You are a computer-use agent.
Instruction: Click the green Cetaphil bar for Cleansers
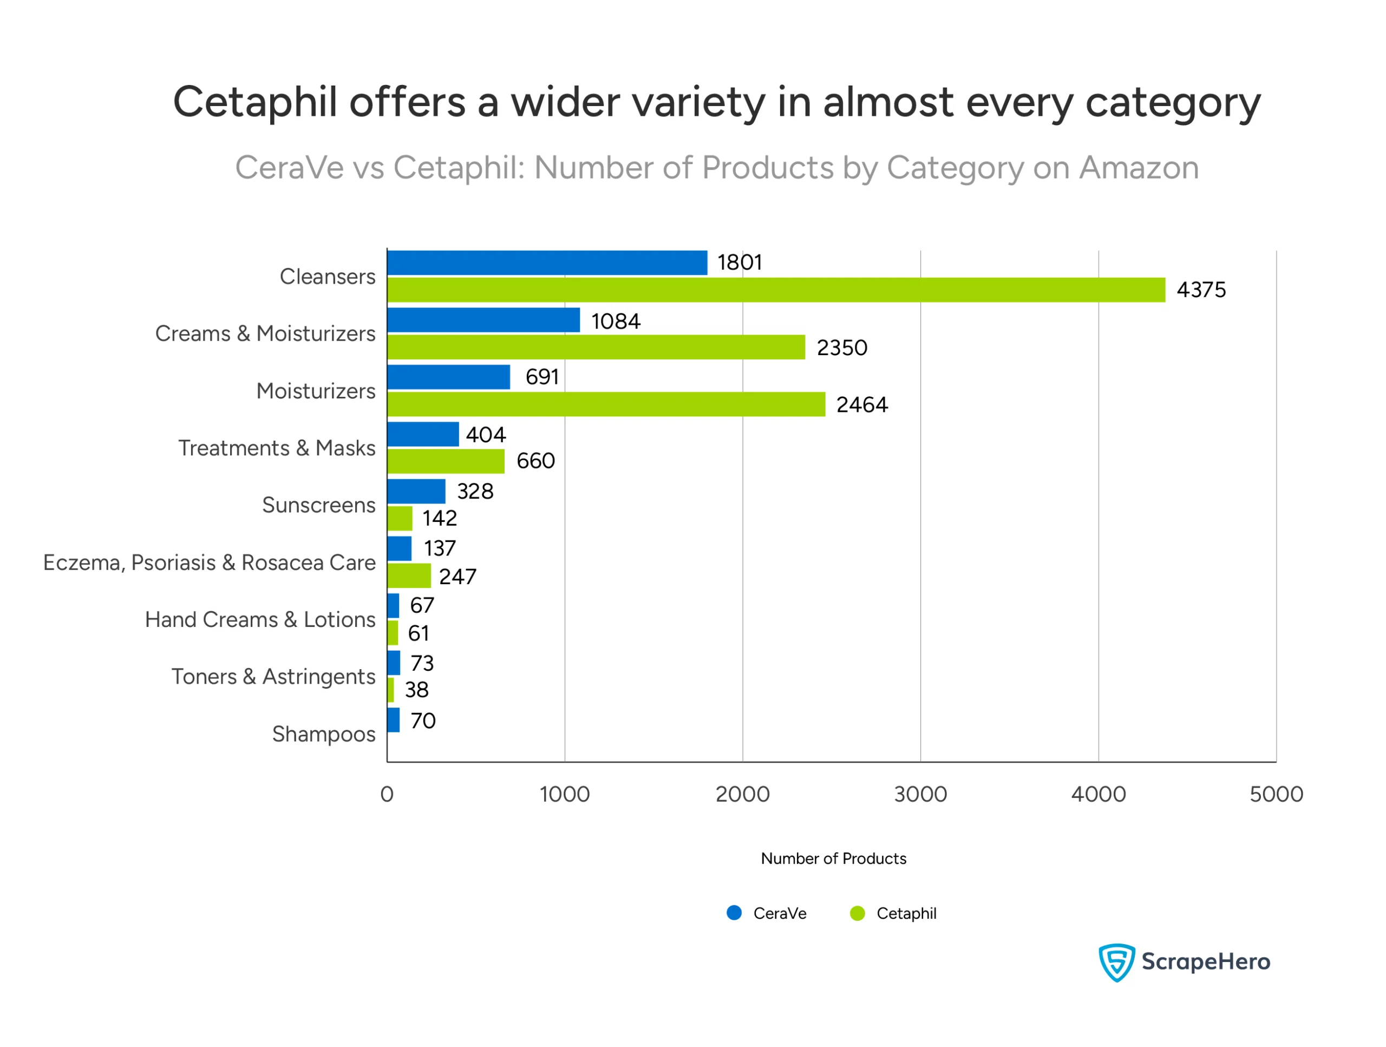tap(776, 290)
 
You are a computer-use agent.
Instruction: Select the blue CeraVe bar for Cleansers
tap(547, 263)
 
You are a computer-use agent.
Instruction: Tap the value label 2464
tap(861, 405)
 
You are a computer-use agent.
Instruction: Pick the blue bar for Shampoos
tap(394, 720)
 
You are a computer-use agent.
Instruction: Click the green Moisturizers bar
tap(606, 404)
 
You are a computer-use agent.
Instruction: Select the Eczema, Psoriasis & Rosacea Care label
tap(210, 562)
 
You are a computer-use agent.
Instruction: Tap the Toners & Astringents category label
tap(273, 677)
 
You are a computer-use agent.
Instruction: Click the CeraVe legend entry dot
tap(734, 913)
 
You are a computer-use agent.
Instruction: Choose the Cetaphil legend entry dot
tap(857, 913)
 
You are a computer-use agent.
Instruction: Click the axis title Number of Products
tap(833, 859)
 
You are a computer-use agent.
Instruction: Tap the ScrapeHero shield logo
tap(1116, 962)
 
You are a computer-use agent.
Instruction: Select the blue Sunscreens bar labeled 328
tap(416, 491)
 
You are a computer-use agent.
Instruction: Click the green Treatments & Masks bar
tap(446, 462)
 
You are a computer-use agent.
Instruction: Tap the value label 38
tap(417, 690)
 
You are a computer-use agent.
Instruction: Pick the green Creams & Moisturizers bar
tap(596, 347)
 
